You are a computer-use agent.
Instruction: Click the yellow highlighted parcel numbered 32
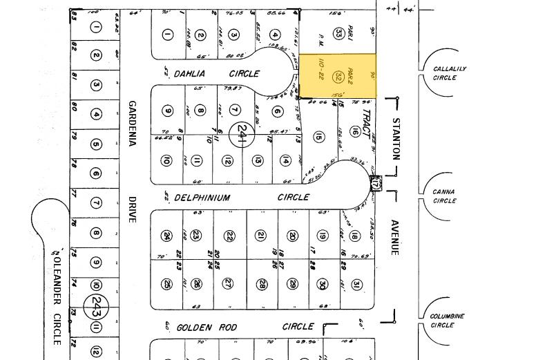pyautogui.click(x=338, y=75)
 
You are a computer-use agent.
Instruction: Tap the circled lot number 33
pyautogui.click(x=338, y=32)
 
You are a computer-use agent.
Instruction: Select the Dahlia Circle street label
pyautogui.click(x=216, y=73)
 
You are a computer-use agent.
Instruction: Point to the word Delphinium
pyautogui.click(x=202, y=198)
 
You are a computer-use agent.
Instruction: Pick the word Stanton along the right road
pyautogui.click(x=396, y=138)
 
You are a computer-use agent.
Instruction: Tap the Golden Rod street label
pyautogui.click(x=207, y=328)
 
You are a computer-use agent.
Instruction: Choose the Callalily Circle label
pyautogui.click(x=450, y=73)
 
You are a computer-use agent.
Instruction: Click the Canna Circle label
pyautogui.click(x=444, y=196)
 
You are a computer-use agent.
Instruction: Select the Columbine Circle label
pyautogui.click(x=447, y=321)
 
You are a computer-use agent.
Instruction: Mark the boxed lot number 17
pyautogui.click(x=376, y=184)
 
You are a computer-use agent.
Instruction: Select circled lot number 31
pyautogui.click(x=356, y=284)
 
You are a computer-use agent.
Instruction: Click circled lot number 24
pyautogui.click(x=166, y=236)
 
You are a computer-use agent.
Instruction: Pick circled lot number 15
pyautogui.click(x=318, y=137)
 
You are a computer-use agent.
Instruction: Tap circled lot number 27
pyautogui.click(x=228, y=284)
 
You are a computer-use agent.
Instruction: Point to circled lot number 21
pyautogui.click(x=260, y=236)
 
